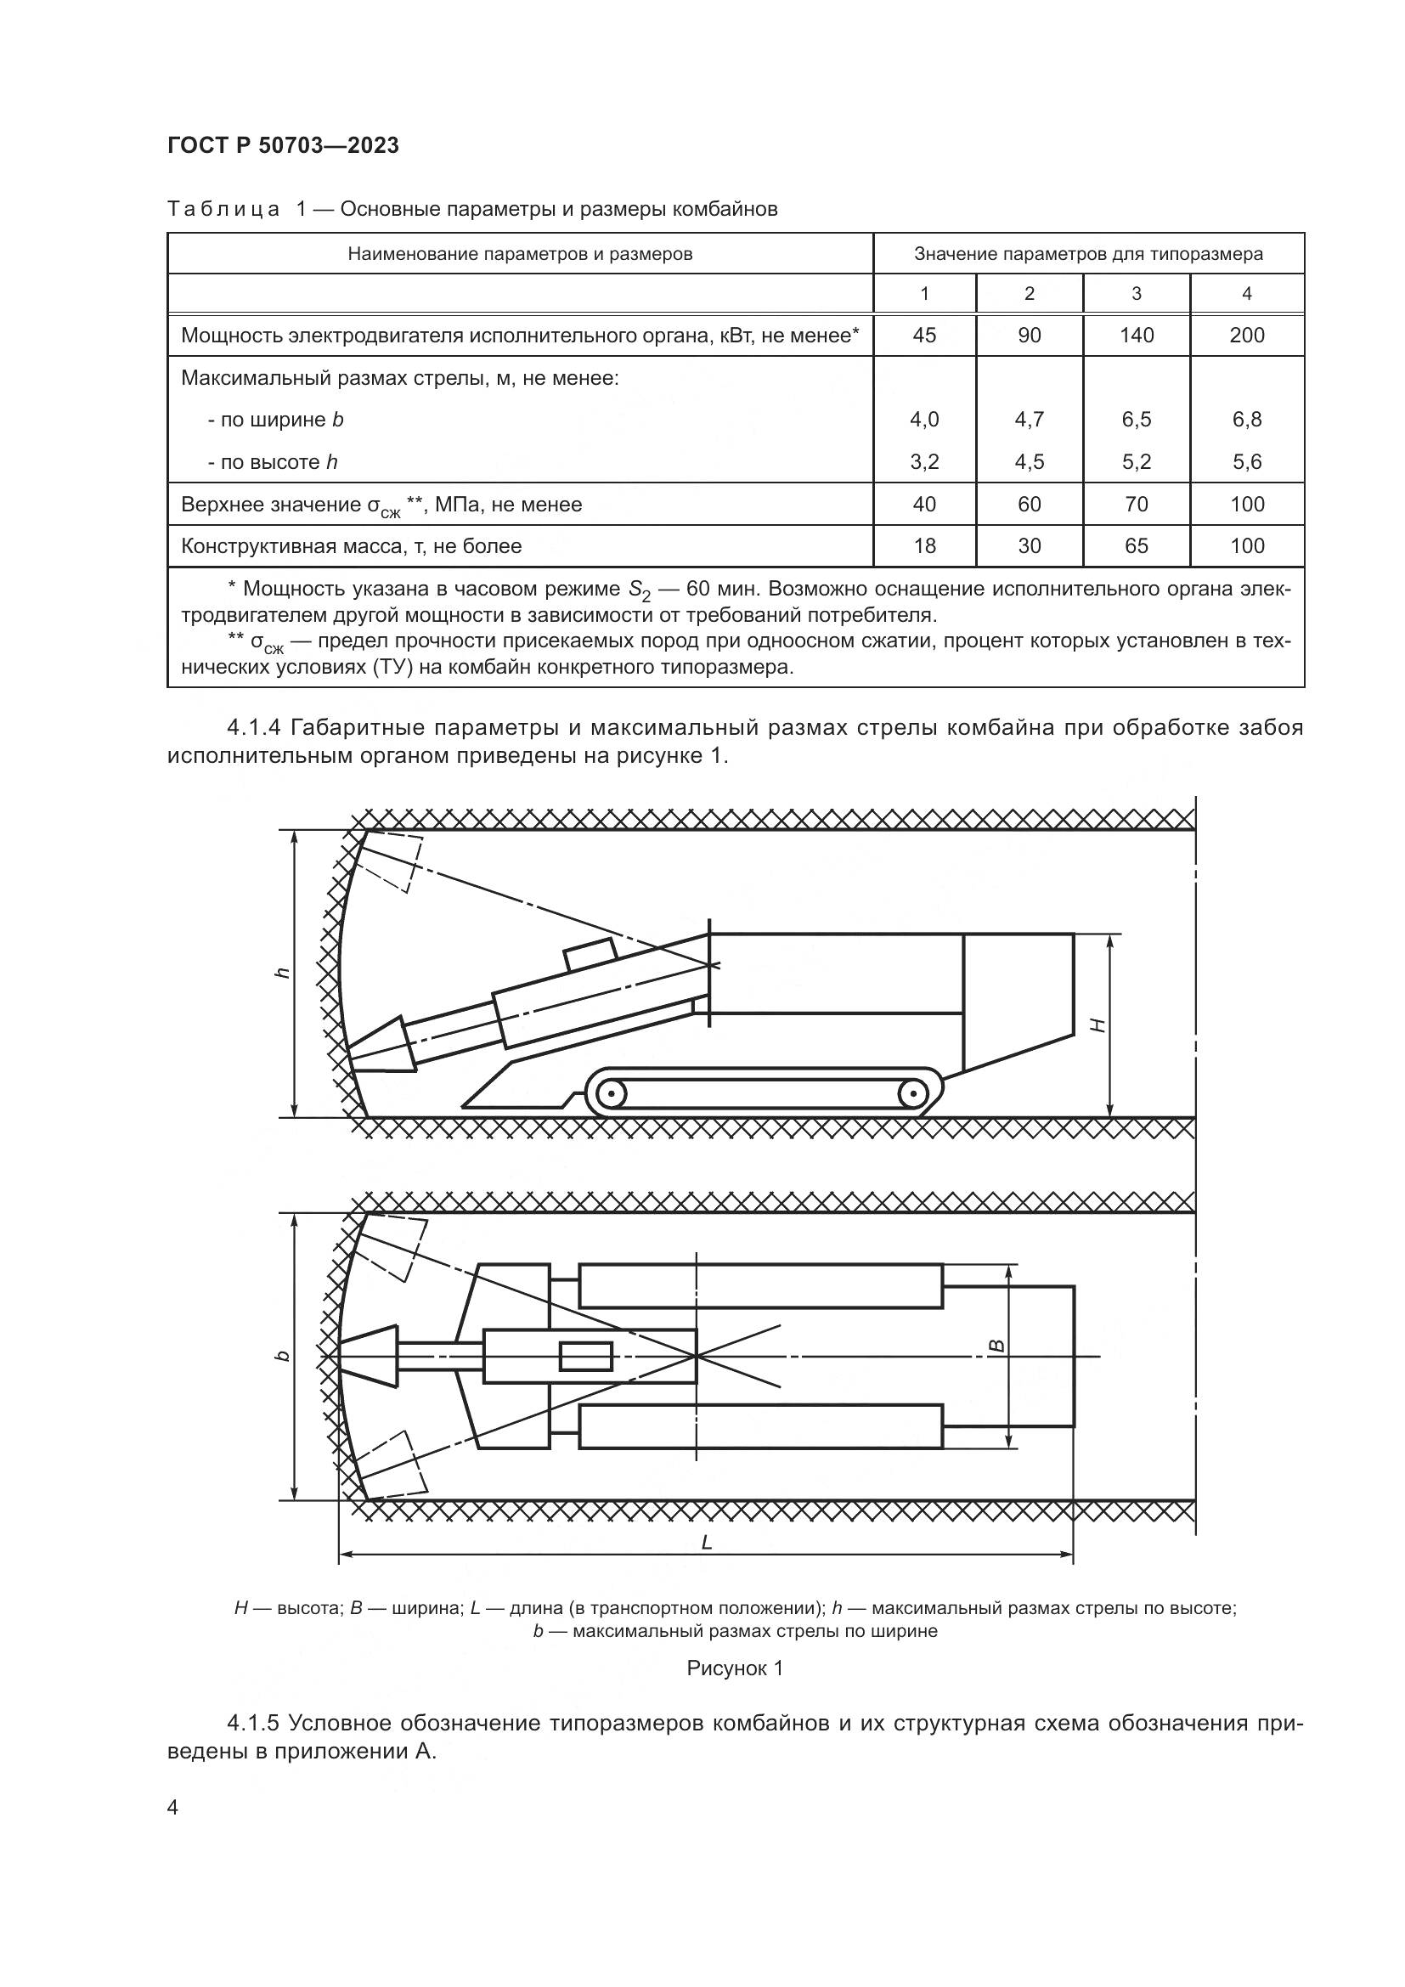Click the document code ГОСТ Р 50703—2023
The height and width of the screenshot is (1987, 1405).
283,146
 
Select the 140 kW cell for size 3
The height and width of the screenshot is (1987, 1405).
1136,336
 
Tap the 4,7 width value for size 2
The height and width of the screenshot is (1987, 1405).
1029,420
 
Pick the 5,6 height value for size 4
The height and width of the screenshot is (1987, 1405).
1247,462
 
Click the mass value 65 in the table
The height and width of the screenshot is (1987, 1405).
1136,546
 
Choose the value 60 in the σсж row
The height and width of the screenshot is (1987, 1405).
1029,505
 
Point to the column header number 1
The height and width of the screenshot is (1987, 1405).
924,294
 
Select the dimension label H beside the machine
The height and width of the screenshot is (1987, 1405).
1097,1025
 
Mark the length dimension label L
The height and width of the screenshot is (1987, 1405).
706,1542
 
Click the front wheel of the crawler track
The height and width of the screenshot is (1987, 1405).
612,1094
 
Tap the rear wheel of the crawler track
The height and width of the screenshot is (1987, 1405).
911,1094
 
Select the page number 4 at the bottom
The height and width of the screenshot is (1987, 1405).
173,1807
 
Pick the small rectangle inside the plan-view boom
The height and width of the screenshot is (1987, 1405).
586,1356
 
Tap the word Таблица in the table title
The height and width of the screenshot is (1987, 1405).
223,210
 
